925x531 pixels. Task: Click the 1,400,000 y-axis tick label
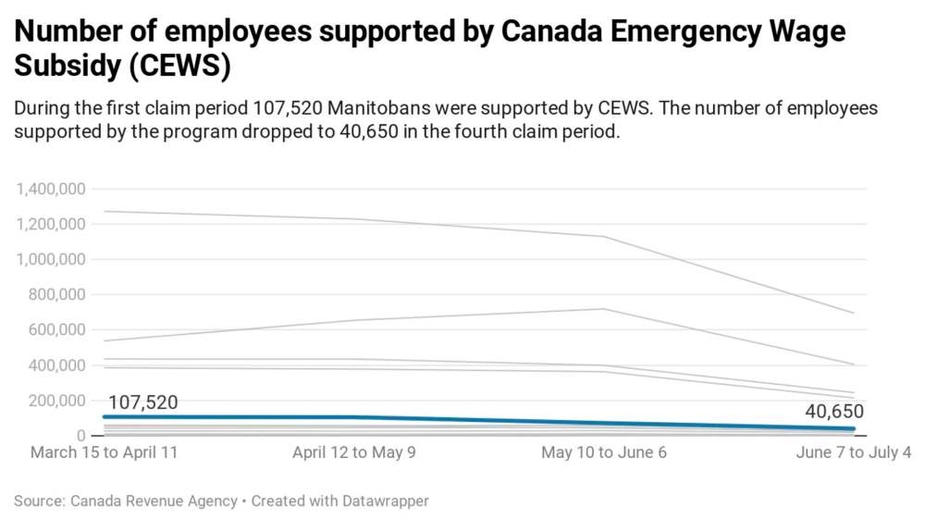[51, 189]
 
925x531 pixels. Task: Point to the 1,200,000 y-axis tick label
[51, 224]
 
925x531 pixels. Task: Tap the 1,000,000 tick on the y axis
[51, 259]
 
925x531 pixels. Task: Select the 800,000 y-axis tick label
[58, 294]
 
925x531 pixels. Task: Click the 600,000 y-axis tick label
[58, 329]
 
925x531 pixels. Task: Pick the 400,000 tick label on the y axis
[58, 365]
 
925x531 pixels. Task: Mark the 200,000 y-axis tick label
[58, 401]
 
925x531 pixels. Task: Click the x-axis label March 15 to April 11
[104, 453]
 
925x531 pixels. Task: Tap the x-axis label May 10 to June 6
[604, 453]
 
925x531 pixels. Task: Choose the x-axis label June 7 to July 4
[854, 453]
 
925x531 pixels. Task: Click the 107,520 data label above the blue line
[143, 402]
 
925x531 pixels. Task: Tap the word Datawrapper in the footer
[380, 500]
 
